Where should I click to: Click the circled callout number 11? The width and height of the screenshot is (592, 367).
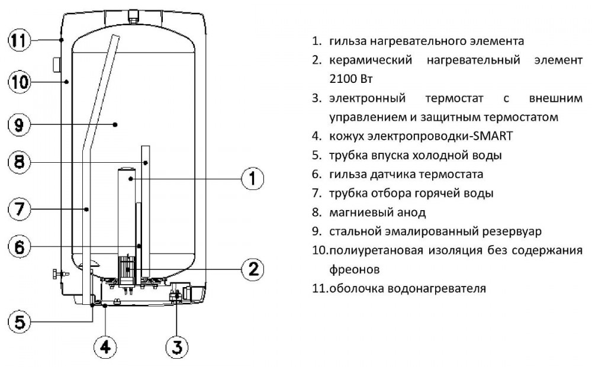pos(19,40)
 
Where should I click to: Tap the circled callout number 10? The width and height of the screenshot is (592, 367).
pos(19,82)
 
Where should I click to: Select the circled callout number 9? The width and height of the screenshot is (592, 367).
pos(19,125)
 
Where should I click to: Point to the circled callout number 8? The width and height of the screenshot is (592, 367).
pos(19,161)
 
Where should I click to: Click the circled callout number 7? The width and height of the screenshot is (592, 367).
pos(19,208)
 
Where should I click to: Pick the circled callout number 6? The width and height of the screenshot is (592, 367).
pos(19,247)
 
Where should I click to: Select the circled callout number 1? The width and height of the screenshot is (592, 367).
pos(252,178)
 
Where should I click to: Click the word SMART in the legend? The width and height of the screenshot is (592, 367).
pos(494,136)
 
